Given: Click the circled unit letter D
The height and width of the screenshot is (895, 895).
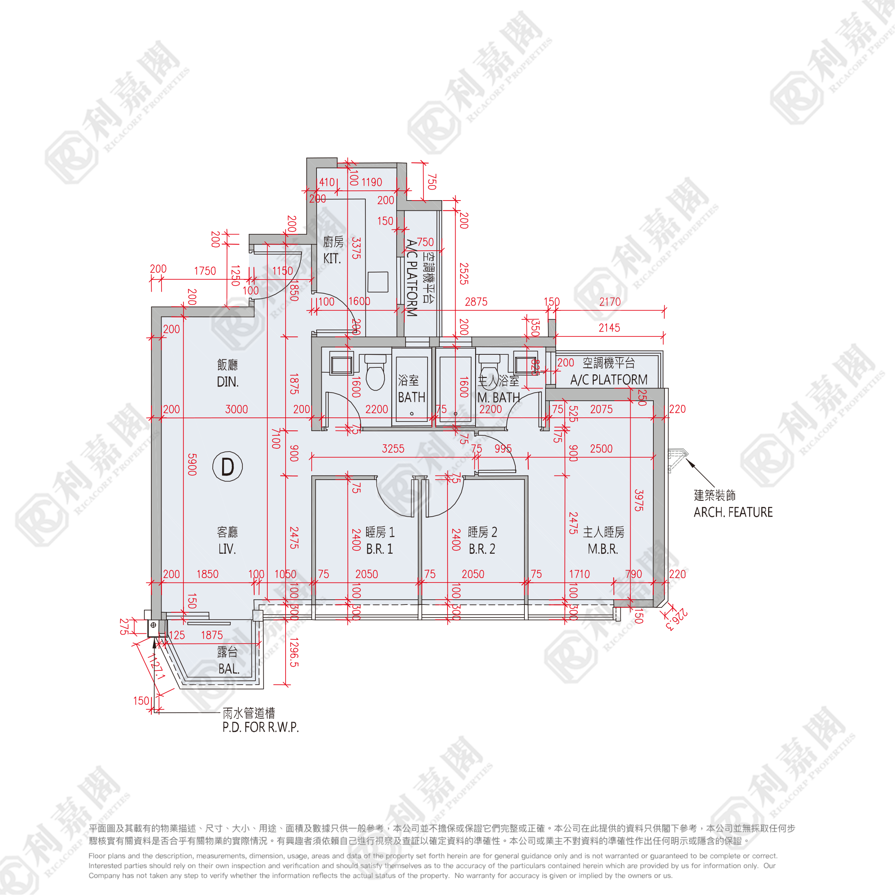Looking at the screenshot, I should click(x=227, y=467).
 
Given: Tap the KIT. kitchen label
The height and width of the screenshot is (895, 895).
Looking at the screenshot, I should click(x=332, y=258).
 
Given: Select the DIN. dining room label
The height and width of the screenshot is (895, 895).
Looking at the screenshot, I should click(x=227, y=382).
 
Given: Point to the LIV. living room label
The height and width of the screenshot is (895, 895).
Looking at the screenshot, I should click(x=227, y=549).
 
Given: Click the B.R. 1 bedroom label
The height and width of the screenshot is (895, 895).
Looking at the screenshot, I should click(x=380, y=549).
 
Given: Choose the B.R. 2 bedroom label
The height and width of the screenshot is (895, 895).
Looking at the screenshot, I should click(x=482, y=549).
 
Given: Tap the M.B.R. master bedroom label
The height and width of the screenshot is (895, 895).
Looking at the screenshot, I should click(x=602, y=549).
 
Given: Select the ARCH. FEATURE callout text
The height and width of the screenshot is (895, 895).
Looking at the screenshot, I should click(x=733, y=512).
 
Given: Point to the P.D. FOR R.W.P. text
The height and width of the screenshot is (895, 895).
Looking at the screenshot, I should click(x=260, y=727).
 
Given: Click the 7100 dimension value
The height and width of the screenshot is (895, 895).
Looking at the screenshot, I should click(x=276, y=438).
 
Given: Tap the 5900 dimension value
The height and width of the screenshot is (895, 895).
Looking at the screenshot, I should click(x=192, y=464).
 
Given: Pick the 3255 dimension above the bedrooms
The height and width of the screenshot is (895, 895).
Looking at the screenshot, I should click(x=393, y=448).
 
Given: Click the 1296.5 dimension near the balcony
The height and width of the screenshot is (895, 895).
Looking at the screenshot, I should click(x=294, y=652).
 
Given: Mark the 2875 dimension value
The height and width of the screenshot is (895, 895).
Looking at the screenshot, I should click(x=476, y=302).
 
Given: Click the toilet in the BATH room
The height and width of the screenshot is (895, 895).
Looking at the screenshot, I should click(x=375, y=374).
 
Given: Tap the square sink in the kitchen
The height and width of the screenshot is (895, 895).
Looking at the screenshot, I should click(x=378, y=282).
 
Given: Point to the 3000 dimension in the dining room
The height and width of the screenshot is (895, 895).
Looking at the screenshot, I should click(x=236, y=409).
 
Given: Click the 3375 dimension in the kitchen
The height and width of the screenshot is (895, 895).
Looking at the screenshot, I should click(x=356, y=248).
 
